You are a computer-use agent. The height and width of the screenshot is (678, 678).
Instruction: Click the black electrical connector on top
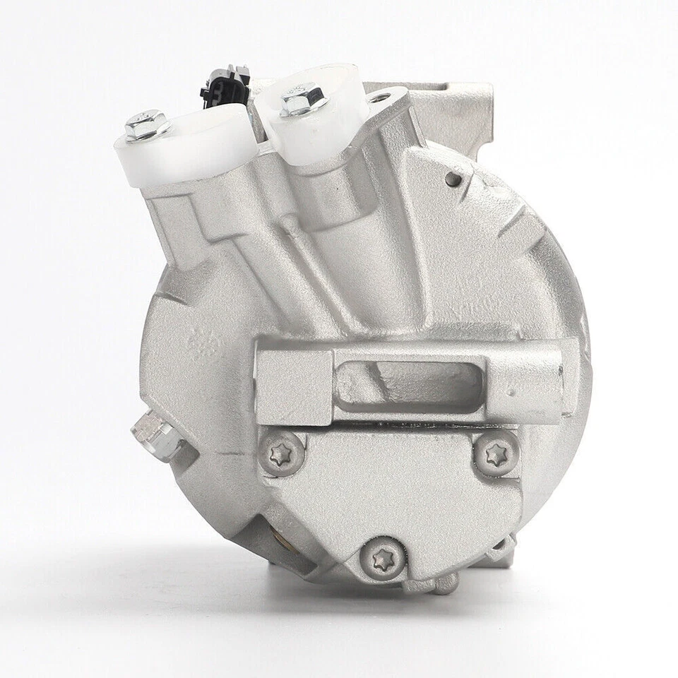click(225, 86)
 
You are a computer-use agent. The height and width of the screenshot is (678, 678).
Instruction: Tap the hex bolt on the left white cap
click(147, 124)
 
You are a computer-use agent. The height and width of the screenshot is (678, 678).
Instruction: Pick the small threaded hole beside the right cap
click(380, 99)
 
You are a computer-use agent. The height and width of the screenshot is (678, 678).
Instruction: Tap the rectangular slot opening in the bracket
click(410, 382)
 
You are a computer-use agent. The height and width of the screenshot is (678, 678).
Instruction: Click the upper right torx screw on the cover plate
click(496, 454)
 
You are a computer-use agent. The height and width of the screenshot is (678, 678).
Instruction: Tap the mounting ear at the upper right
click(452, 113)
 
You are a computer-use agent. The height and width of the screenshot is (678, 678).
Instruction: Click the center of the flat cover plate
click(388, 487)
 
